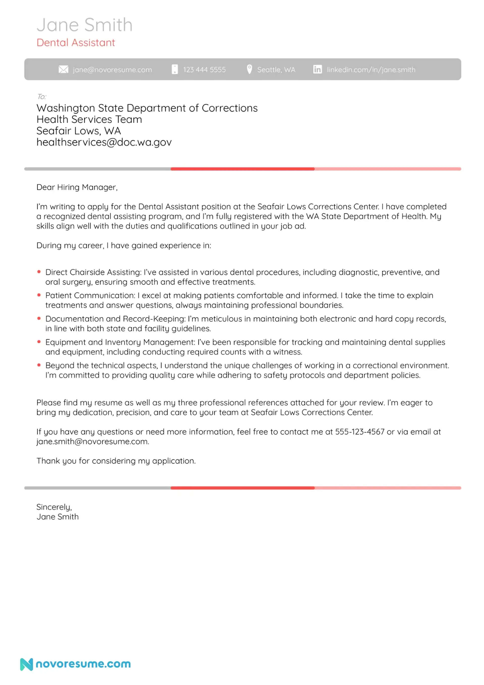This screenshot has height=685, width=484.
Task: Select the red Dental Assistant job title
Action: (76, 43)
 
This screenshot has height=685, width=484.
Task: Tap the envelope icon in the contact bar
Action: (63, 70)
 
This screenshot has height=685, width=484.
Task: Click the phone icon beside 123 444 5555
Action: (175, 70)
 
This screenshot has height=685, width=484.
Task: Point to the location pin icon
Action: (250, 69)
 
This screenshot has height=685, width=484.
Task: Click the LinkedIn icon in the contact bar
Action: (317, 70)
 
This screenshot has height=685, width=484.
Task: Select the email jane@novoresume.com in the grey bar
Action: (112, 70)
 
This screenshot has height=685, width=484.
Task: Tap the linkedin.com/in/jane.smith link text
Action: (371, 70)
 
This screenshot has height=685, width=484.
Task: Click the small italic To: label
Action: (42, 97)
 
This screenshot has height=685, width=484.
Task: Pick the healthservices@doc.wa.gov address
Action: (104, 142)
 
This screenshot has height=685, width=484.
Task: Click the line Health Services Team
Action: (89, 119)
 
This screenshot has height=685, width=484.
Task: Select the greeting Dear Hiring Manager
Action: (77, 187)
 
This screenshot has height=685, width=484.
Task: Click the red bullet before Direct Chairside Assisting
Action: (39, 272)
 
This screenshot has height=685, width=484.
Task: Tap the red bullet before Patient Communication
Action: (39, 295)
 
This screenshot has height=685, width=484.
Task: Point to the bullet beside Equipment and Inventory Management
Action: (39, 342)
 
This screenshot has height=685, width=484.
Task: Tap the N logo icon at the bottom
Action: (26, 664)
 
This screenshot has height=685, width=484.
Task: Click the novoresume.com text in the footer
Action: (83, 664)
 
